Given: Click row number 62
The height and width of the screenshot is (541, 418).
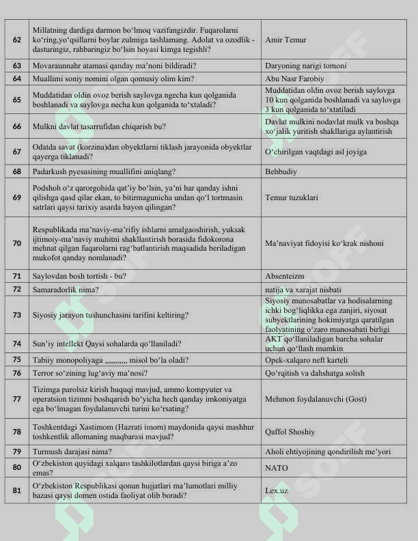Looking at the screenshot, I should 16,40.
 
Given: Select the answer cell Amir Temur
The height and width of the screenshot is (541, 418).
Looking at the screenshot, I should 284,40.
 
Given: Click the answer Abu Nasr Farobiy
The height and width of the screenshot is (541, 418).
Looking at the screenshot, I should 294,79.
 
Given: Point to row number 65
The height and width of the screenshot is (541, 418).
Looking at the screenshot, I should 16,100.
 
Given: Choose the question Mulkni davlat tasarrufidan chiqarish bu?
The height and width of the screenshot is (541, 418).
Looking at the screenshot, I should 100,126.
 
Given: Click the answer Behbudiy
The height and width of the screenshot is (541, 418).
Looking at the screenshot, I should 281,171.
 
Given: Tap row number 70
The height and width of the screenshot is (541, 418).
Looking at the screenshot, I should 16,243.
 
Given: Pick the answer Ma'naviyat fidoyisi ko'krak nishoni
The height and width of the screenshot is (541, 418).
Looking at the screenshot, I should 324,243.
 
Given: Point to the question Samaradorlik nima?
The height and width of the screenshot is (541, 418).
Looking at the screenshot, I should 66,289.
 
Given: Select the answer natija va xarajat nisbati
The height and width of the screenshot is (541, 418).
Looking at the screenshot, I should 303,289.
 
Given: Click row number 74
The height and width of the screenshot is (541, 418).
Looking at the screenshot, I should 16,344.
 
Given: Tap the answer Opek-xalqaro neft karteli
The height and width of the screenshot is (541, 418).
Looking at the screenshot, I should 307,359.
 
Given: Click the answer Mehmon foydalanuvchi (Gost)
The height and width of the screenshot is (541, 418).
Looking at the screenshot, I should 313,399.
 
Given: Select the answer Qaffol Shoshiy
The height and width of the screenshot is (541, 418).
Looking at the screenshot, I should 290,432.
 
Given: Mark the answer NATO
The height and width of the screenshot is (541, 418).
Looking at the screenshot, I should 277,468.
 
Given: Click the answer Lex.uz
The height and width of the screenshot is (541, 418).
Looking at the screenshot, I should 276,490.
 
